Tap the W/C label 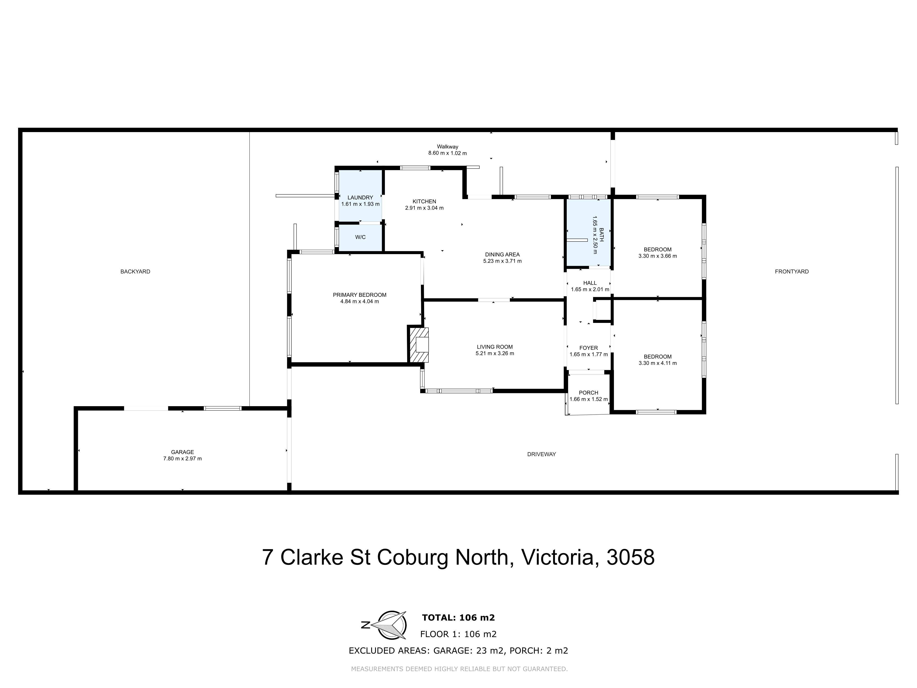360,237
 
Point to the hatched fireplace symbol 419,345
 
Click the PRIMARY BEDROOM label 359,295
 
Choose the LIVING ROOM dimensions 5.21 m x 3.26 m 494,354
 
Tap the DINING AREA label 502,255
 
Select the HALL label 589,283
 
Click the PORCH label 588,393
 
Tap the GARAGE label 182,452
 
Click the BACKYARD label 135,272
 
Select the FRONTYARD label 791,272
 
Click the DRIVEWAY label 541,454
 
